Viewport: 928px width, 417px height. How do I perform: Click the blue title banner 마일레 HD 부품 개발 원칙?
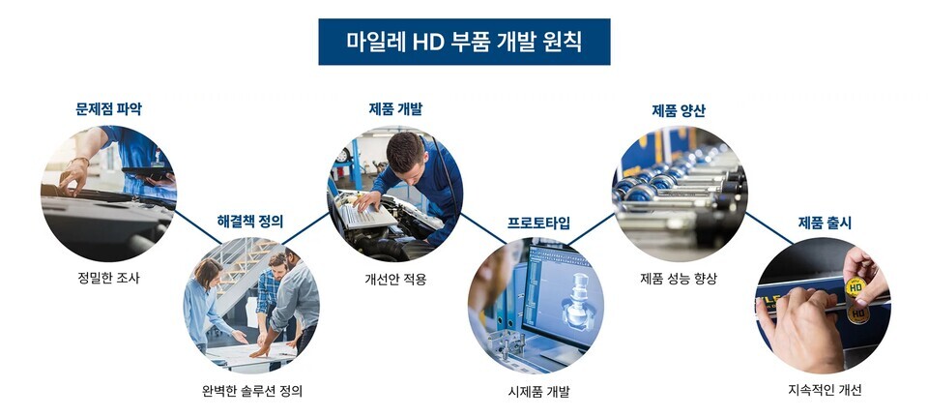[x=464, y=42]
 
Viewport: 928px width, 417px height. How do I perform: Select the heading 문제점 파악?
[x=109, y=109]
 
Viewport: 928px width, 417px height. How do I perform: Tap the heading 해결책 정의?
[x=250, y=222]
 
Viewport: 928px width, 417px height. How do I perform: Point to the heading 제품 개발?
[x=395, y=109]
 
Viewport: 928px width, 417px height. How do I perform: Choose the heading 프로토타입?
[x=538, y=223]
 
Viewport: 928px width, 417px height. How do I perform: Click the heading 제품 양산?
[x=679, y=110]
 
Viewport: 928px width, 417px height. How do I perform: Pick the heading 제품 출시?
[x=825, y=223]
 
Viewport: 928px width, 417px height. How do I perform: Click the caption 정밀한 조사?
[x=108, y=278]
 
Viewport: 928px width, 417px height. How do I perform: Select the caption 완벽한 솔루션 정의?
[x=251, y=391]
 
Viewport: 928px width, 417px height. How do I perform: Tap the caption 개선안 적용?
[x=395, y=279]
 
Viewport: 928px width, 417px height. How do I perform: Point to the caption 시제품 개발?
[x=538, y=392]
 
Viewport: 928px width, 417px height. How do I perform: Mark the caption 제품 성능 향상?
[x=679, y=279]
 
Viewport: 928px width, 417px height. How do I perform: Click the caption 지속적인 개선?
[x=825, y=390]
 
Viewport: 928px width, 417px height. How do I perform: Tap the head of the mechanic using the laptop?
[x=407, y=151]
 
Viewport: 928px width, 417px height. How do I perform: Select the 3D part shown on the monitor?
[x=573, y=300]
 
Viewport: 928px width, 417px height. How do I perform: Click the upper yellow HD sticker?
[x=855, y=286]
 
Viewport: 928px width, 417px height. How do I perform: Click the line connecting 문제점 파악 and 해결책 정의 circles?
[x=197, y=226]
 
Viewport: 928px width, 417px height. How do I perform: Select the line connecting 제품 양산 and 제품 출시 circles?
[x=769, y=228]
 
